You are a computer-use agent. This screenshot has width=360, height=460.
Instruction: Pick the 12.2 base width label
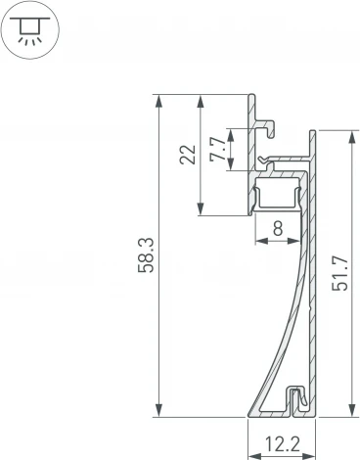point(282,443)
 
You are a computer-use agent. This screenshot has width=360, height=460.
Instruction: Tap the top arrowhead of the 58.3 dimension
point(158,99)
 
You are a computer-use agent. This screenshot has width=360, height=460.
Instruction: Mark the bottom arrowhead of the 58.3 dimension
point(158,412)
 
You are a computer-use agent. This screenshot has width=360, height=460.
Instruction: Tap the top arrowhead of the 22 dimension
point(202,99)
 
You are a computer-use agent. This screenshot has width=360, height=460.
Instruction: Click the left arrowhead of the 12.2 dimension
point(251,454)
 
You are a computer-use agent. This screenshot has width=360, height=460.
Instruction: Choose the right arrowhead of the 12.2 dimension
point(312,454)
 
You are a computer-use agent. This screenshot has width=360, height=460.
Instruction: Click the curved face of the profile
point(278,323)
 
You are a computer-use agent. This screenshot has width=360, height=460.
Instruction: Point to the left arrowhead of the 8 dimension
point(258,240)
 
